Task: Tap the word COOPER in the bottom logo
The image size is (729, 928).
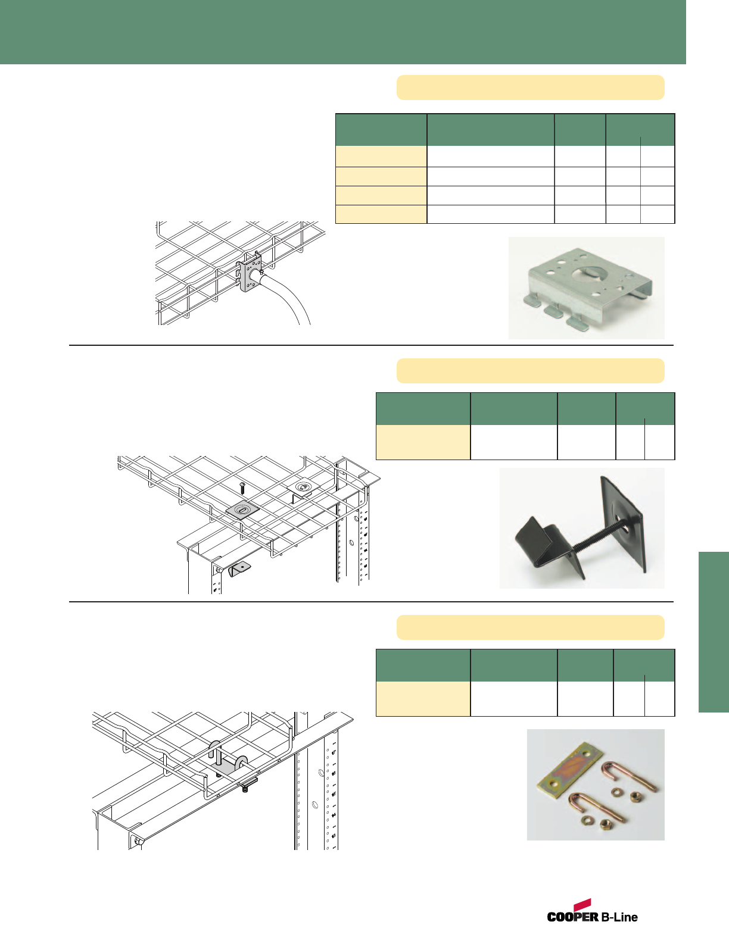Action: coord(573,917)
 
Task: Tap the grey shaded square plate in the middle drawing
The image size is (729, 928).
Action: coord(242,511)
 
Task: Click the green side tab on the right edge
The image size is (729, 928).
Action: coord(714,632)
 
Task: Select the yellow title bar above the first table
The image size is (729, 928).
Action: coord(530,88)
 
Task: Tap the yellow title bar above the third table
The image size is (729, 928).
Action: coord(530,627)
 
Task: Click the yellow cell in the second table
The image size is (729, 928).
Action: coord(423,442)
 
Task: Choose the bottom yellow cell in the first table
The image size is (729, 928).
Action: coord(381,214)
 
